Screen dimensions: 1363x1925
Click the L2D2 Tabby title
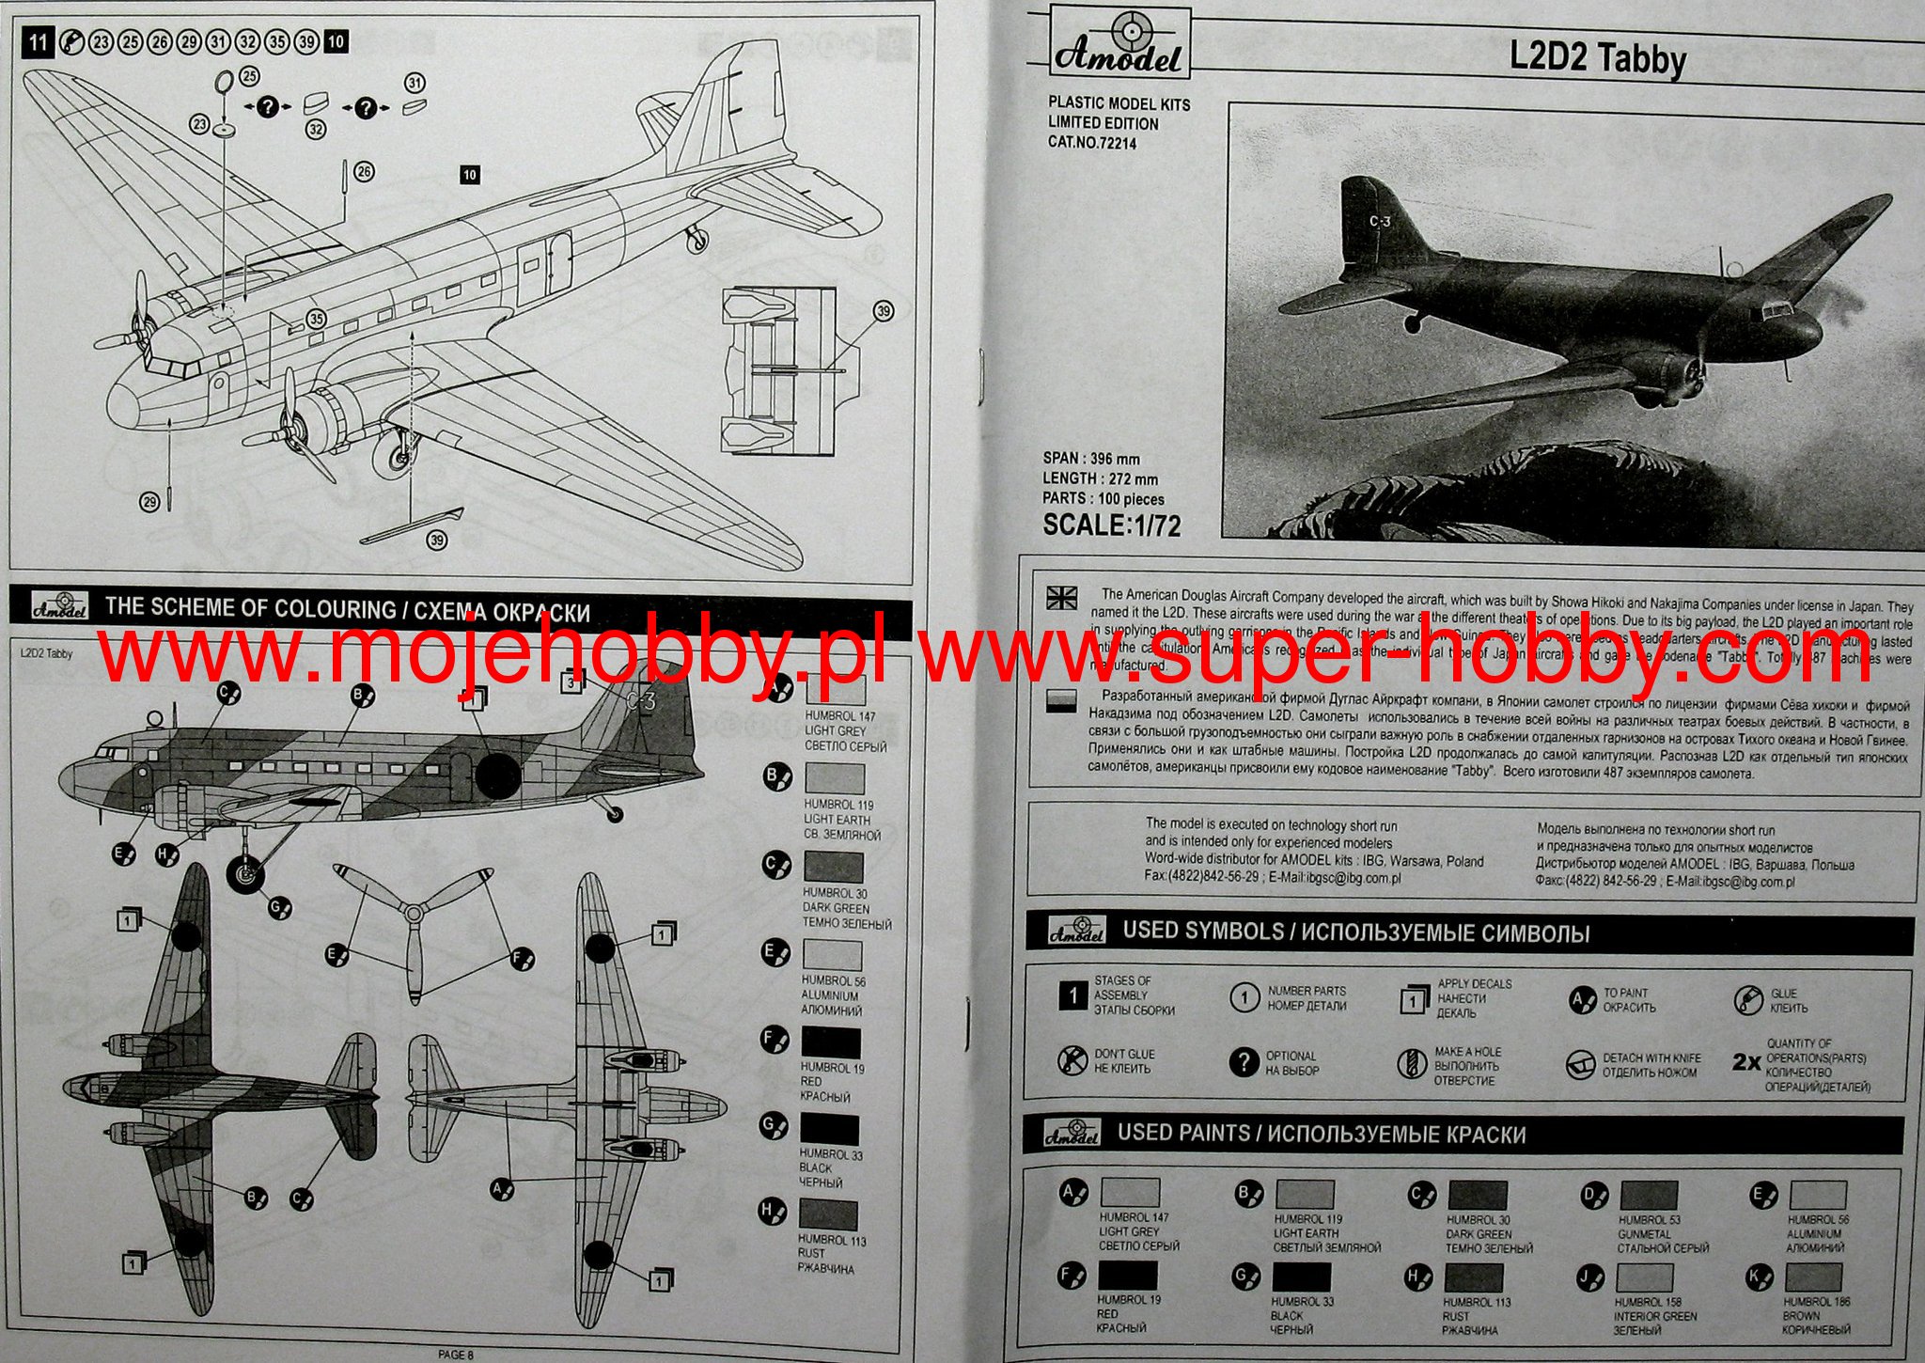coord(1597,57)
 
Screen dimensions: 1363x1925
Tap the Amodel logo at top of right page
coord(1117,43)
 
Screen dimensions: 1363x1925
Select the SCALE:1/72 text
coord(1111,525)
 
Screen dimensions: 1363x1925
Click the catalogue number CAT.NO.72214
coord(1092,143)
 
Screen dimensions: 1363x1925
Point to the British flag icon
coord(1061,598)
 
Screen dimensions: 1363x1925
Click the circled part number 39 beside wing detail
coord(883,311)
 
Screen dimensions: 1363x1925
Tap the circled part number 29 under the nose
coord(149,503)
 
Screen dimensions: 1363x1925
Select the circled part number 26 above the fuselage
coord(364,171)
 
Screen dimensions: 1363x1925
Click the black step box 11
coord(37,41)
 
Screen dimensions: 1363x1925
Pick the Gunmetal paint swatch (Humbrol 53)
coord(1649,1196)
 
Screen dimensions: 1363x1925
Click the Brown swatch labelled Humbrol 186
coord(1813,1277)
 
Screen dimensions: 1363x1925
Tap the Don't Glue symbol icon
coord(1072,1060)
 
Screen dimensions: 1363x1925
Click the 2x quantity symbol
coord(1745,1062)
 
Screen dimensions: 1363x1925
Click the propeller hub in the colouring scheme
coord(413,911)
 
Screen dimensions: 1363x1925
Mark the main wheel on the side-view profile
coord(246,876)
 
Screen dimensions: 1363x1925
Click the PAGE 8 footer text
coord(456,1355)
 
